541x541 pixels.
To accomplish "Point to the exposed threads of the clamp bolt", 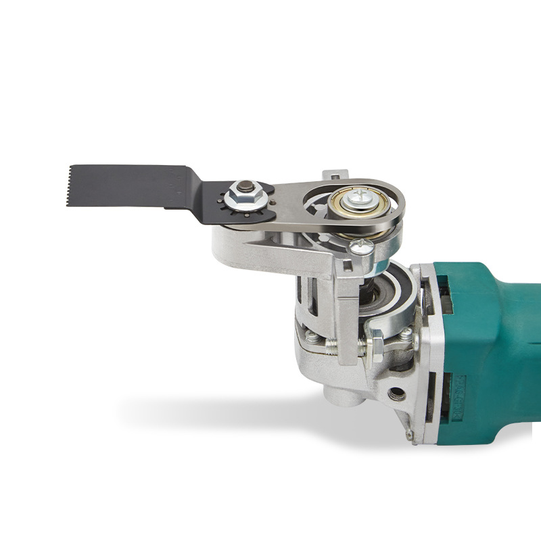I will click(x=330, y=346).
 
